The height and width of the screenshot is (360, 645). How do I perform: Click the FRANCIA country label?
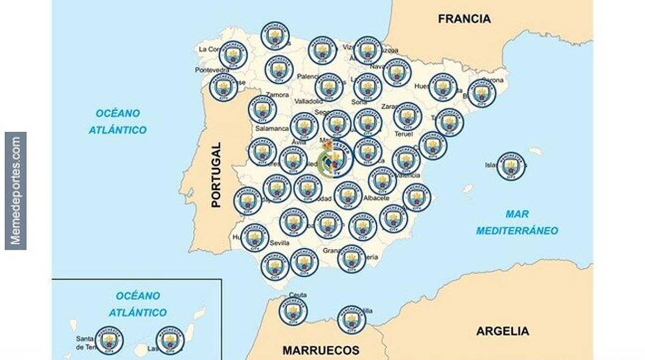[x=464, y=19]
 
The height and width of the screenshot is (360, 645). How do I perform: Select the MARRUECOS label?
[x=320, y=350]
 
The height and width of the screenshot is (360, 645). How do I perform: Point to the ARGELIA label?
[x=502, y=331]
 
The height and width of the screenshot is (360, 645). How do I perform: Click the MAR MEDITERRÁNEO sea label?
[x=517, y=222]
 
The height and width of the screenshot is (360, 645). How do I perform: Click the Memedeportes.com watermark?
[x=16, y=190]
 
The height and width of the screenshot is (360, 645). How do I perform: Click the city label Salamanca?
[x=272, y=128]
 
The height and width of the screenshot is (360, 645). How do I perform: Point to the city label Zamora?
[x=277, y=95]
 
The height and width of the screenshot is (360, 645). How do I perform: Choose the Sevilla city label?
[x=279, y=243]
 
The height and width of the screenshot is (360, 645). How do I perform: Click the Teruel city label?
[x=404, y=134]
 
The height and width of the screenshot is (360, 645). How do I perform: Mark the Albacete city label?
[x=376, y=198]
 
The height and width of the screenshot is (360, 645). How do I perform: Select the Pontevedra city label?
[x=212, y=70]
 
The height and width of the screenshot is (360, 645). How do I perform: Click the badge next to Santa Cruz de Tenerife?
[x=109, y=340]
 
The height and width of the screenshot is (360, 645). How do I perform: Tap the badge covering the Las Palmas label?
[x=170, y=340]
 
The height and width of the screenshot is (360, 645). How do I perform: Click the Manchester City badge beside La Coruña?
[x=233, y=54]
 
